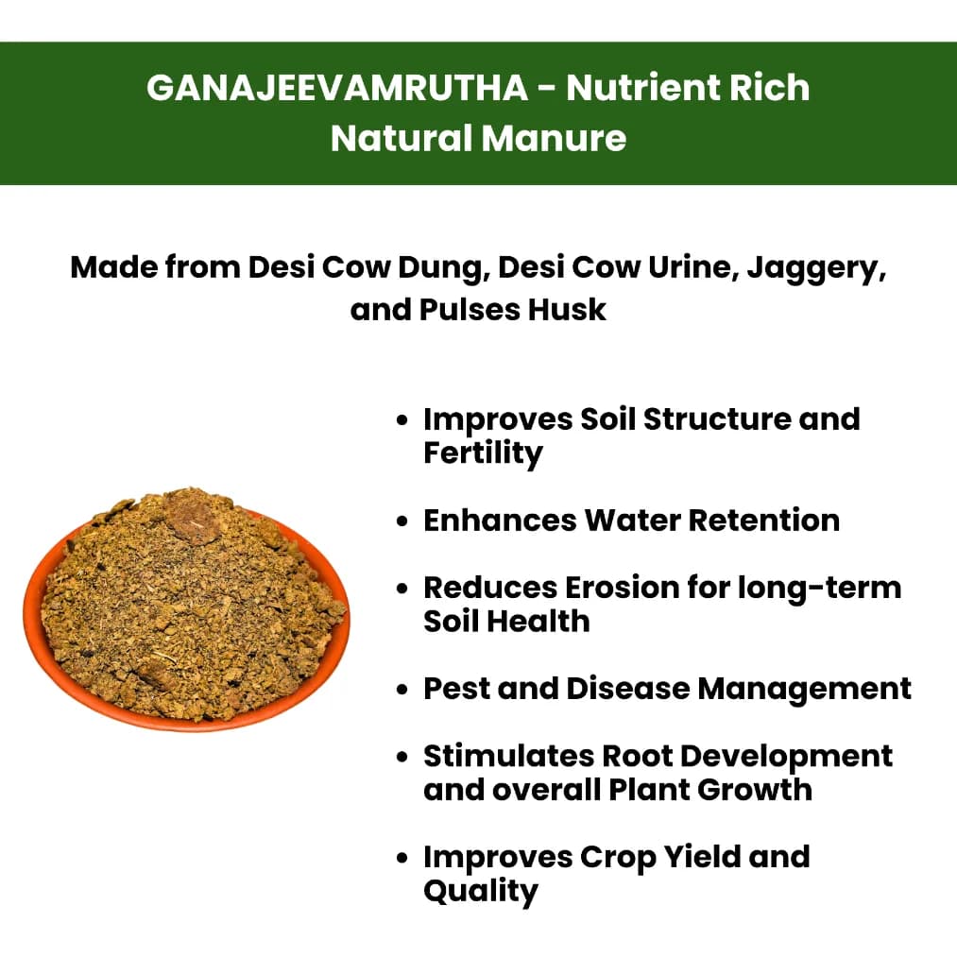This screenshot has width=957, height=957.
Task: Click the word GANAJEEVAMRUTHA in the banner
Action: [337, 88]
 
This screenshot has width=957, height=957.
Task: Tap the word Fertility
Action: [483, 453]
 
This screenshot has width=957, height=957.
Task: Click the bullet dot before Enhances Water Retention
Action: [403, 521]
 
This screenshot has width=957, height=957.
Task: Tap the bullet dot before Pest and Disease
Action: [403, 690]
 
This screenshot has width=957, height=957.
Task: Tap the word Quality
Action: [481, 891]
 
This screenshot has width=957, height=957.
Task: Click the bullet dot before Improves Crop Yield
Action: [403, 858]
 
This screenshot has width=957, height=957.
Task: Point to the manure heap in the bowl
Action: [189, 605]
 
